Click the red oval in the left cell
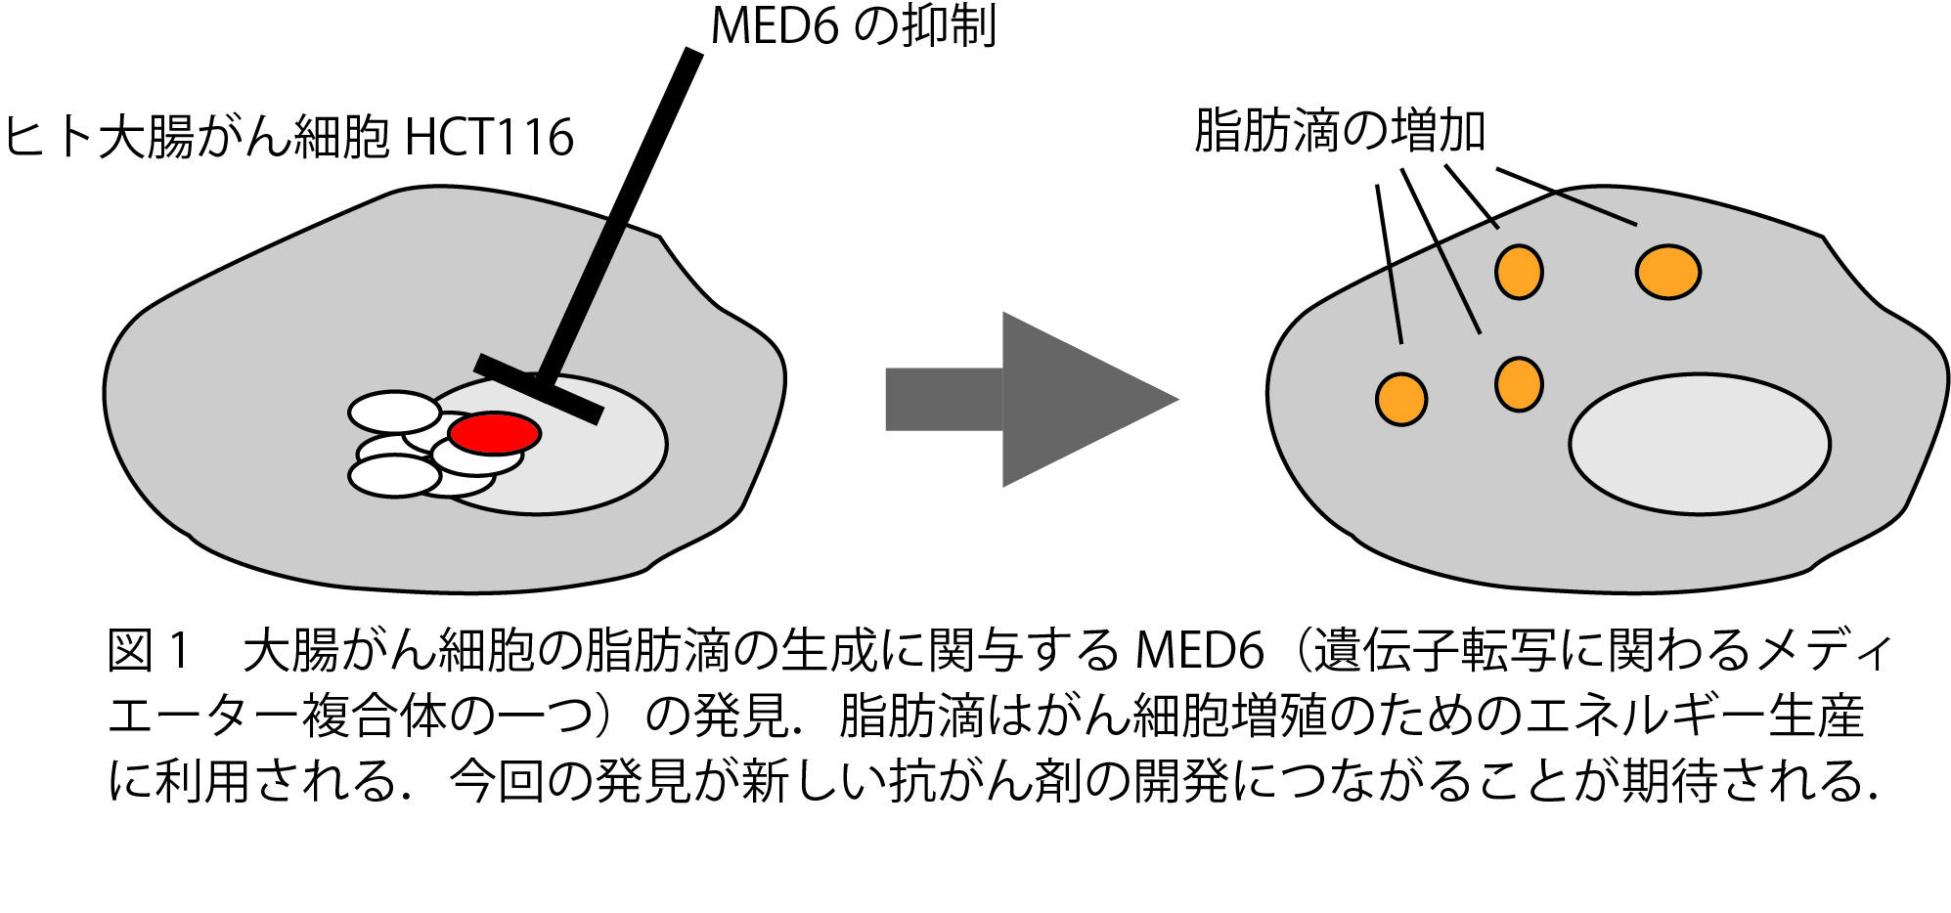(494, 433)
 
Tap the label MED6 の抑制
(853, 25)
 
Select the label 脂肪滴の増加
(1340, 132)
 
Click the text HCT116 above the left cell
(489, 137)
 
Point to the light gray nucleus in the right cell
(1699, 444)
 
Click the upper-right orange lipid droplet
(1667, 272)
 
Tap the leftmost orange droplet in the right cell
(1400, 399)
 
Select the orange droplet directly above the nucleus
(1518, 384)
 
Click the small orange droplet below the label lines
(1518, 271)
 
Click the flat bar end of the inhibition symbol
(538, 389)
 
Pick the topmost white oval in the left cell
(395, 412)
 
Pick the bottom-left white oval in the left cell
(395, 476)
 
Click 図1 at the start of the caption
(147, 651)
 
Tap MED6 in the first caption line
(1199, 651)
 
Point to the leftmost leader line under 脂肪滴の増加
(1389, 264)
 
